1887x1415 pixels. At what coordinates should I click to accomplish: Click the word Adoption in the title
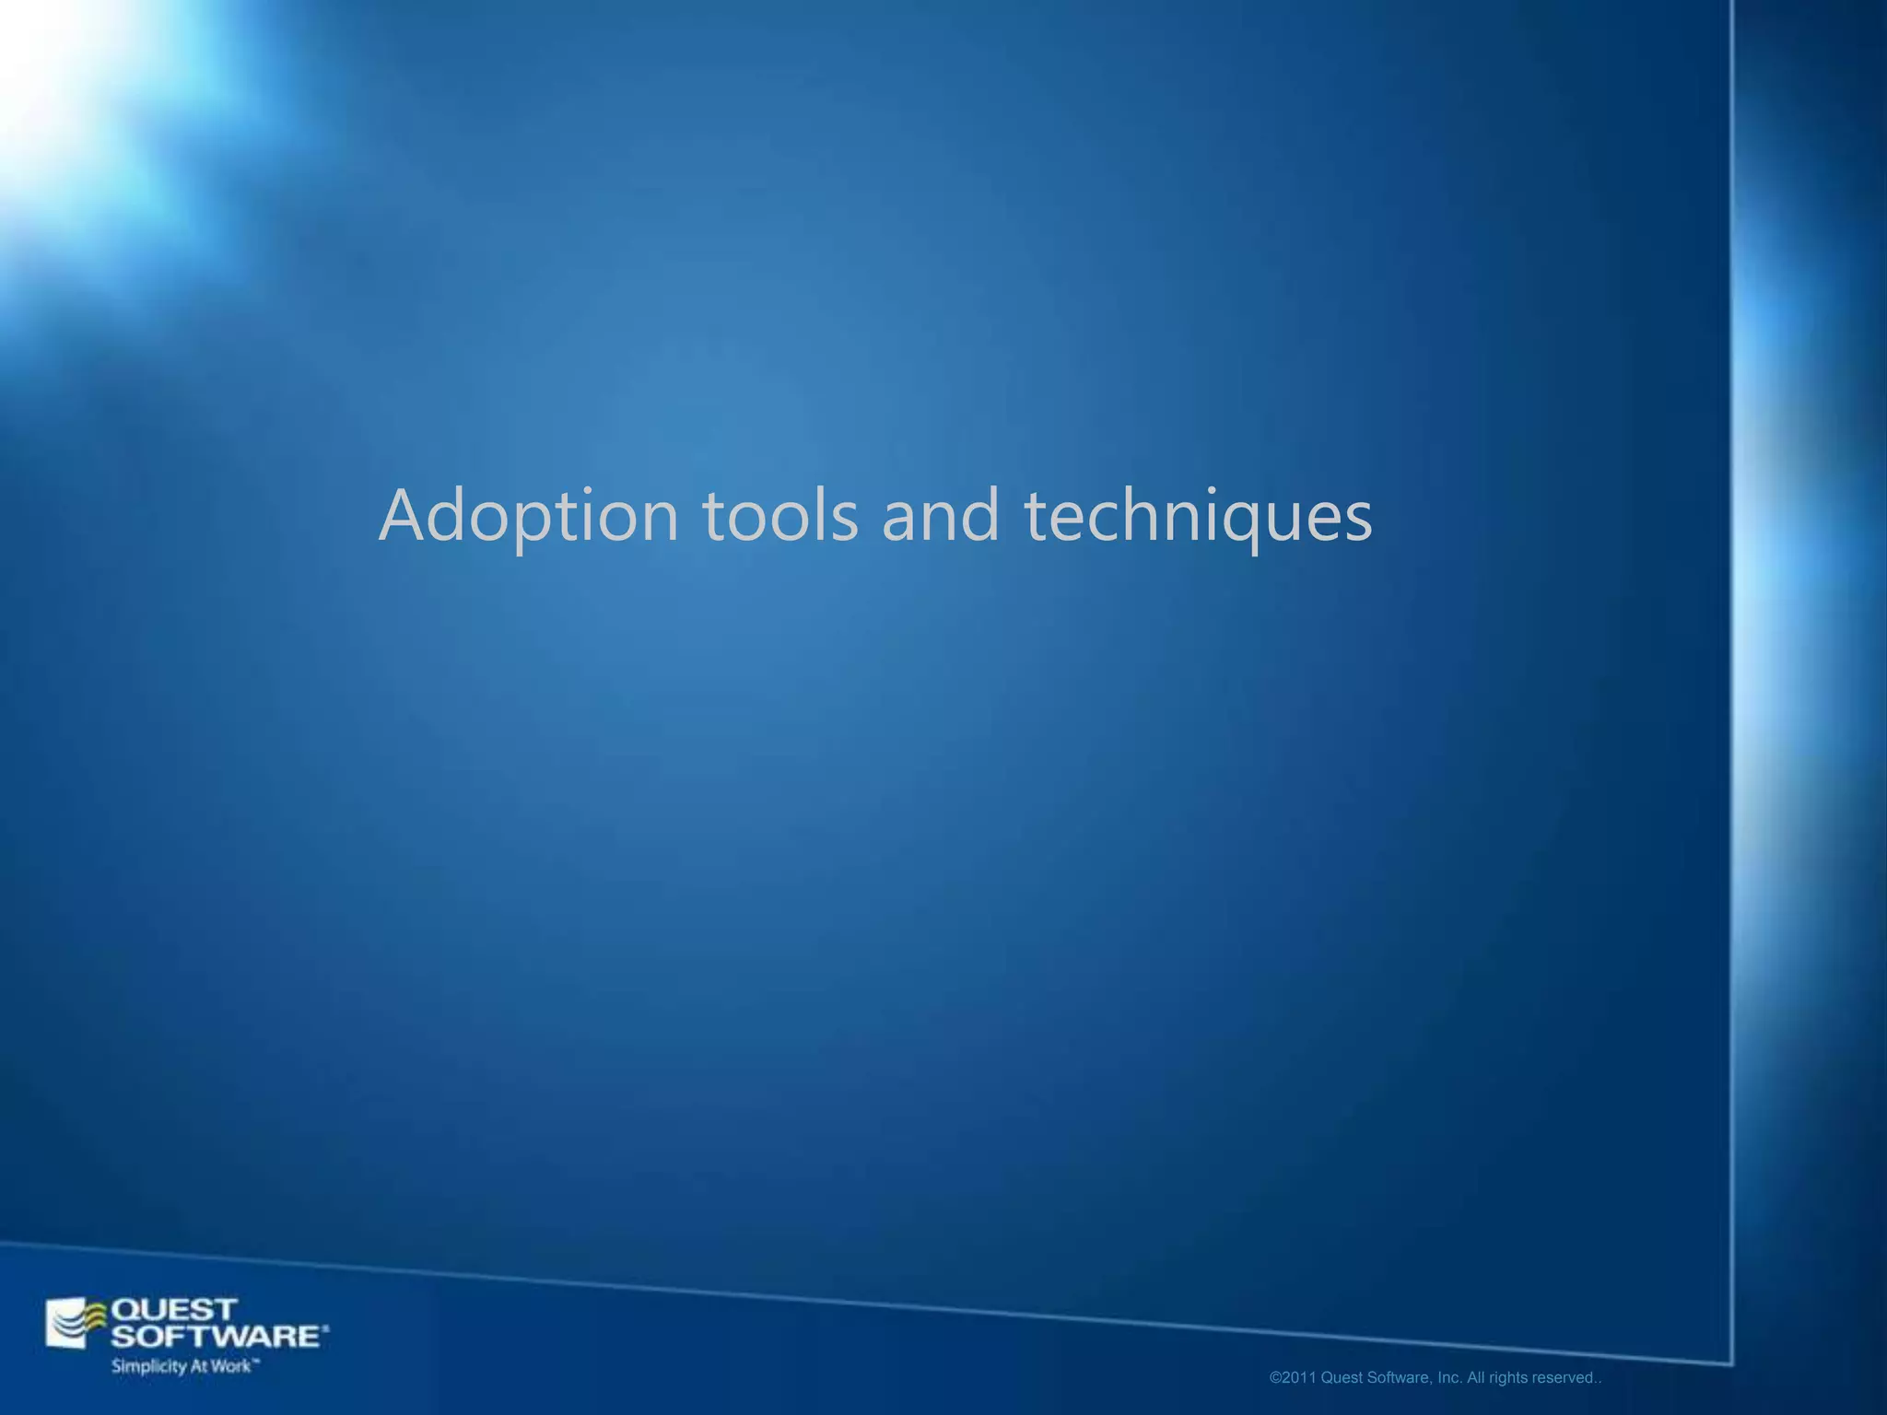[x=529, y=517]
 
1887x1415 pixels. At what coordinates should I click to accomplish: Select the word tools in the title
[x=780, y=515]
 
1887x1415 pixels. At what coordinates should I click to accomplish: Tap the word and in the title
[x=941, y=515]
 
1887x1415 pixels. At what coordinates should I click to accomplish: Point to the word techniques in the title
[x=1198, y=517]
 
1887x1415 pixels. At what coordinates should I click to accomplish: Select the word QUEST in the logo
[x=174, y=1309]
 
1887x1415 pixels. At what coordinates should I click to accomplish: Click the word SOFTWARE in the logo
[x=215, y=1336]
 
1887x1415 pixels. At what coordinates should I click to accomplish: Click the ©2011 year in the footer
[x=1293, y=1378]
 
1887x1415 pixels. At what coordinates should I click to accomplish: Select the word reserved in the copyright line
[x=1563, y=1378]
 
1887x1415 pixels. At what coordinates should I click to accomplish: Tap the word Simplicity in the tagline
[x=148, y=1366]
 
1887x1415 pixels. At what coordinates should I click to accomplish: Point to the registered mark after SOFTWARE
[x=325, y=1329]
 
